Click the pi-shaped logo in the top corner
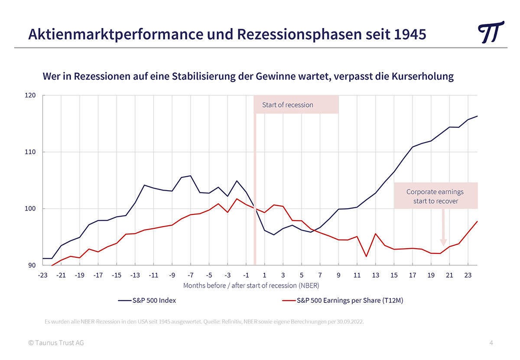(x=491, y=32)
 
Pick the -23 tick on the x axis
(x=42, y=275)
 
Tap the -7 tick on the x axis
(x=190, y=275)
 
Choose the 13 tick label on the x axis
(x=376, y=275)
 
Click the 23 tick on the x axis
(x=468, y=275)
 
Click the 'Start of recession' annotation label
(x=287, y=105)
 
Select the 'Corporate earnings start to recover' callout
(x=435, y=196)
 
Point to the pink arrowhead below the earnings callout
(x=443, y=243)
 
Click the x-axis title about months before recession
(x=251, y=285)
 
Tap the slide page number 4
(x=491, y=343)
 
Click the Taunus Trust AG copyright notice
(x=56, y=343)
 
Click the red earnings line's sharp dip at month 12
(x=367, y=256)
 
